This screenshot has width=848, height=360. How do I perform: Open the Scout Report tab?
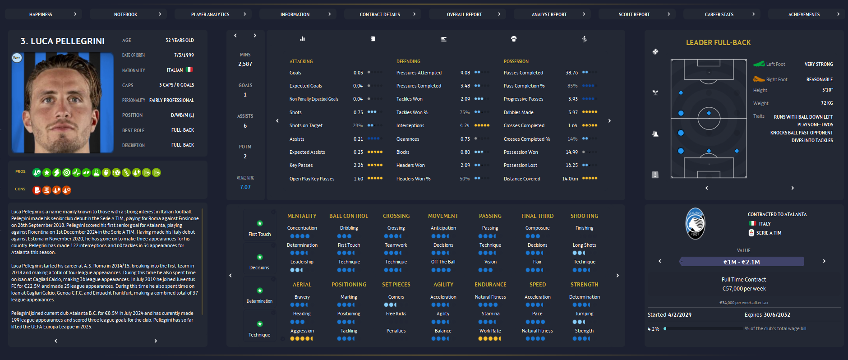point(634,14)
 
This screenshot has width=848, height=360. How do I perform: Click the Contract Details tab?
point(380,14)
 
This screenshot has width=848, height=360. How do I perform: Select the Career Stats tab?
point(719,14)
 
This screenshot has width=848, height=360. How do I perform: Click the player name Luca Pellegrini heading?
point(63,41)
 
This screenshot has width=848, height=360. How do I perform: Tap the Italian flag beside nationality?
point(189,70)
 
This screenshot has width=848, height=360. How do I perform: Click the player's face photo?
point(63,103)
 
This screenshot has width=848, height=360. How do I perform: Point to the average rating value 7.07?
point(245,187)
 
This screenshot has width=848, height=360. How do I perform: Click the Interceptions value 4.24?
point(465,126)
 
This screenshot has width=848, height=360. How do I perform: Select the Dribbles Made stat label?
point(518,112)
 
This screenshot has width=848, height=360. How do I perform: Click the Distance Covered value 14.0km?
point(570,179)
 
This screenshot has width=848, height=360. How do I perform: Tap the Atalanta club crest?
point(695,223)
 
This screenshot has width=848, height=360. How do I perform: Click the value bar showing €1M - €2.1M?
point(742,262)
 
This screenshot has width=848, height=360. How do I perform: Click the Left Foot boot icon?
point(759,64)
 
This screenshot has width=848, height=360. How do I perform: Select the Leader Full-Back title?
point(718,43)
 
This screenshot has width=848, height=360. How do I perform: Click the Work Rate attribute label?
point(490,331)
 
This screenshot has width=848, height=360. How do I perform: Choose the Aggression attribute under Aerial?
point(302,331)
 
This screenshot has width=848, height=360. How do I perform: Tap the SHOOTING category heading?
point(584,216)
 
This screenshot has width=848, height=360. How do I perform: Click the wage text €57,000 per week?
point(743,289)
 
